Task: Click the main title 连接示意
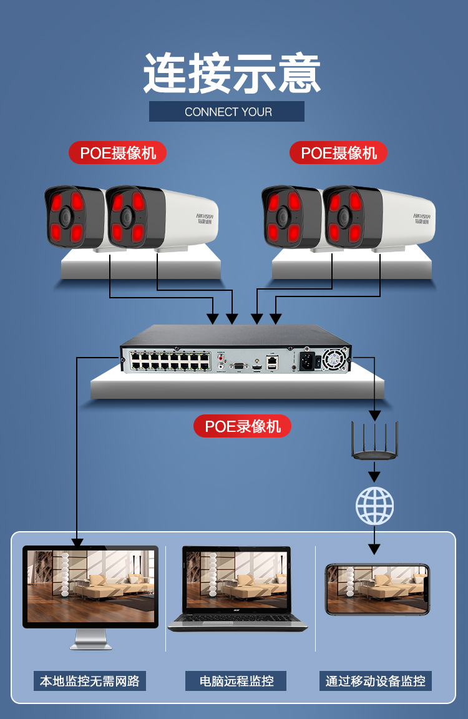[232, 74]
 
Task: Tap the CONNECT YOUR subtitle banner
[227, 112]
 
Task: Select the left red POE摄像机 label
[117, 153]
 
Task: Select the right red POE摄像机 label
[338, 153]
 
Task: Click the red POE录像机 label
[242, 426]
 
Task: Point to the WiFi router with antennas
[374, 444]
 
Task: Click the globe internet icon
[374, 505]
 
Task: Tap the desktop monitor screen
[90, 585]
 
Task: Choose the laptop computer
[238, 590]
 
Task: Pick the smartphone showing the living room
[378, 589]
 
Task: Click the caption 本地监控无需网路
[90, 681]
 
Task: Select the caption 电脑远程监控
[236, 681]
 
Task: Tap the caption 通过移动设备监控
[375, 681]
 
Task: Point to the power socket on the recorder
[308, 360]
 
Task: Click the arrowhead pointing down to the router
[374, 414]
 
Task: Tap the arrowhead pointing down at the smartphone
[374, 549]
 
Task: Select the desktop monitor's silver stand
[91, 639]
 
